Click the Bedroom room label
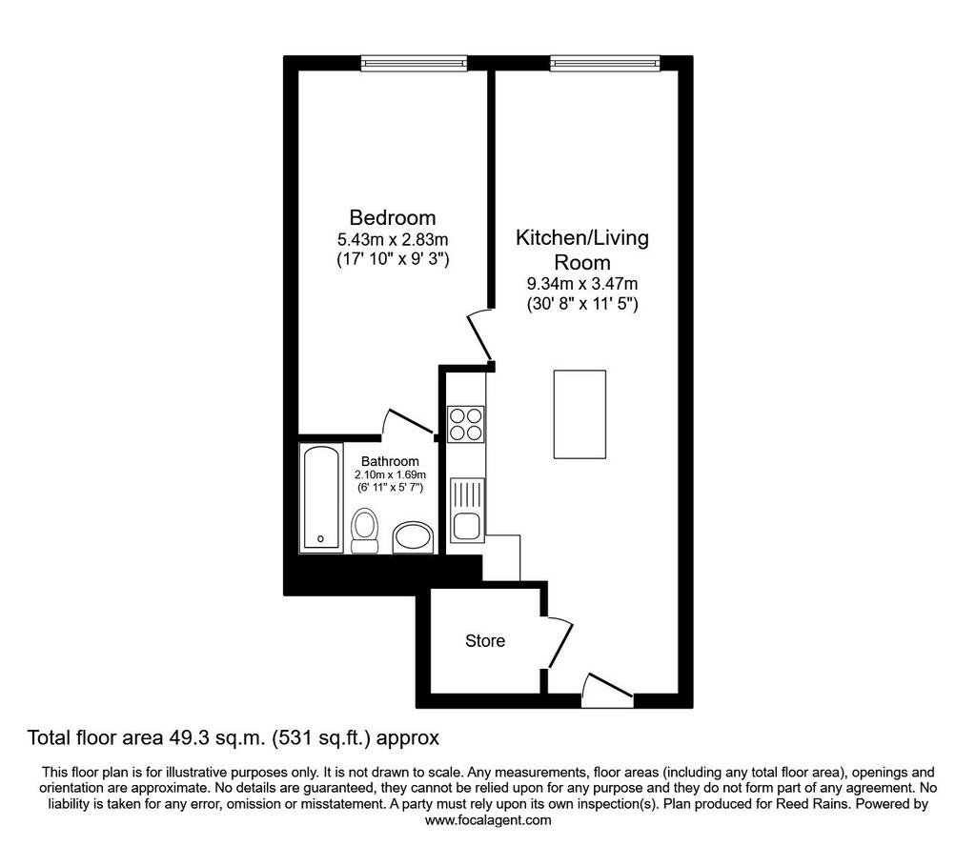392,218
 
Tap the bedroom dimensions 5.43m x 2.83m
393,239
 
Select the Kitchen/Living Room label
582,250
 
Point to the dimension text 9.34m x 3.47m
582,284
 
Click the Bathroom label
390,461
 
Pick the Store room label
485,641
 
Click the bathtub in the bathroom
321,497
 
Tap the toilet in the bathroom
365,531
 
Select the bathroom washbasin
414,537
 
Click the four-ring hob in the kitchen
465,424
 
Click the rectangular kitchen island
579,414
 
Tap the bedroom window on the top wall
414,63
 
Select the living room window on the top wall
604,63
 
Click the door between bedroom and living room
480,336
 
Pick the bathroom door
410,422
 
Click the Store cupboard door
559,642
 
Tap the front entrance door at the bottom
608,689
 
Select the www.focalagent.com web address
488,820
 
